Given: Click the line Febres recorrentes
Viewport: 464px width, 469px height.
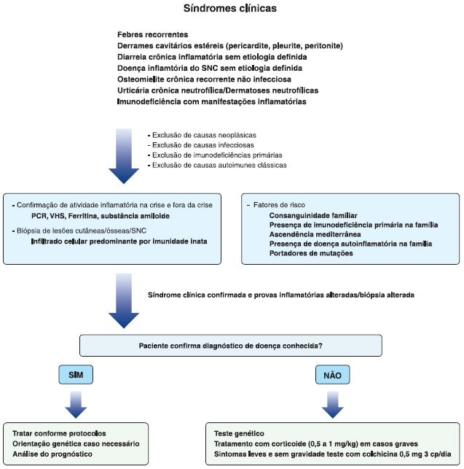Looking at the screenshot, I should pyautogui.click(x=152, y=35).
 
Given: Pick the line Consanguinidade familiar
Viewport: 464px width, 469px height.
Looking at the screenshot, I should pyautogui.click(x=312, y=217).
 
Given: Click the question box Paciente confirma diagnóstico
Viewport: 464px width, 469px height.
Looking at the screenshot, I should pyautogui.click(x=231, y=346).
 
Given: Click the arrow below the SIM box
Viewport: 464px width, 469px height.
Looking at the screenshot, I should pyautogui.click(x=75, y=403).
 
